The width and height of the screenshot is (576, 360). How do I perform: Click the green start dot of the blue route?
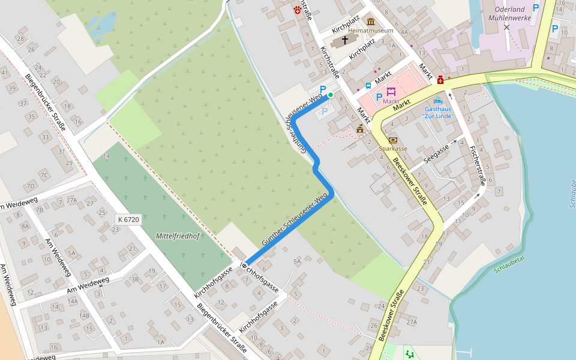coord(330,95)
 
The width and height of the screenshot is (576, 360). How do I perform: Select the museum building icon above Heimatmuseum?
coord(371,22)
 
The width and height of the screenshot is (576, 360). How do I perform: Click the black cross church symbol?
coord(344,40)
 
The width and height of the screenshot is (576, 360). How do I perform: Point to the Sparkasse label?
coord(393,148)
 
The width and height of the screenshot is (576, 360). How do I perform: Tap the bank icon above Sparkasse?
coord(393,140)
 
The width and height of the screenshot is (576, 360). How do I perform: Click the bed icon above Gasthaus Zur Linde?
coord(437,100)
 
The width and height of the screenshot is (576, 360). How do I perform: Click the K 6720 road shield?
coord(128,220)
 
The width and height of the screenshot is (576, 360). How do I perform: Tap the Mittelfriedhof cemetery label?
coord(177,236)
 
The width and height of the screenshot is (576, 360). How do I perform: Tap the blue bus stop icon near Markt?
coord(368,86)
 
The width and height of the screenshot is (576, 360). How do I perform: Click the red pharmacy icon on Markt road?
coord(440,80)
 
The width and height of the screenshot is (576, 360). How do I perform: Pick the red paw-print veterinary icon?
coord(298,8)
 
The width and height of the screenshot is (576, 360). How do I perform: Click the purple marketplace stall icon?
coord(391,92)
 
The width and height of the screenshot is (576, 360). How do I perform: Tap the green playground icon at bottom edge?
coord(410,354)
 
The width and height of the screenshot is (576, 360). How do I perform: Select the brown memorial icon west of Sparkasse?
coord(360,128)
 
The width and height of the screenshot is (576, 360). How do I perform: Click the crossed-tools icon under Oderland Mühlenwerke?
coord(507,28)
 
